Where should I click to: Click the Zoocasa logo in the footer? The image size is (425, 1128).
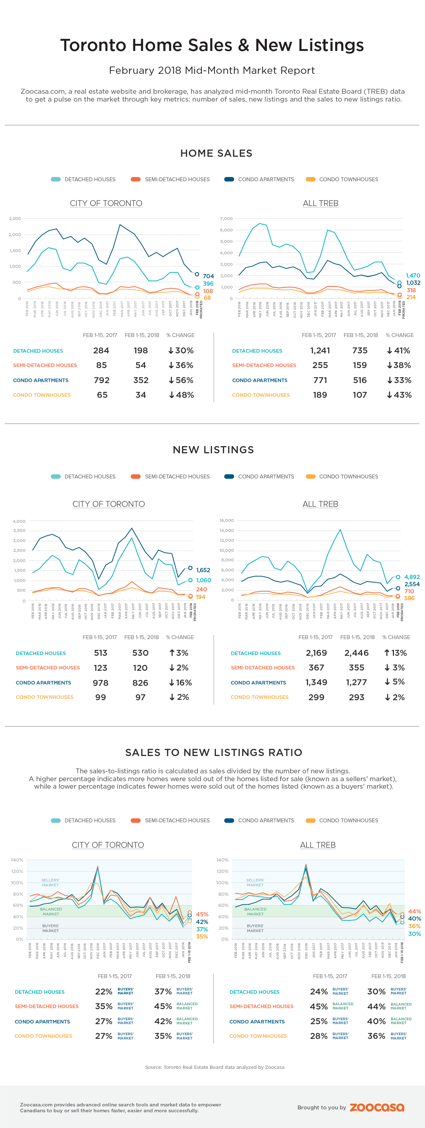point(377,1107)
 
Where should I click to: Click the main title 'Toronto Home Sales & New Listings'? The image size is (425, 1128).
point(212,45)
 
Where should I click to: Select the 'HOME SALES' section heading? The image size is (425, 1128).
point(216,153)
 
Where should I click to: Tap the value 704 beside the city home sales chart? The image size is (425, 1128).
point(208,276)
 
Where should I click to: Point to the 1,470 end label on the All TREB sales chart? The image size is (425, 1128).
point(413,275)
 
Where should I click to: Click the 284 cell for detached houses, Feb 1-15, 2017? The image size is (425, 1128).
point(101,351)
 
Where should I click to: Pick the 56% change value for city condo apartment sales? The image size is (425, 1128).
point(181,380)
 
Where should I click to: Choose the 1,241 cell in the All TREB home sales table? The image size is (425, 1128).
point(320,351)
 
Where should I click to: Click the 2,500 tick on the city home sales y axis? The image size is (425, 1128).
point(15,218)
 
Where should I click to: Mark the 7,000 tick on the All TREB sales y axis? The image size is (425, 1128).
point(226,218)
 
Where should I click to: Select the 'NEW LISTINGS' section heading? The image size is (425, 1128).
point(213,450)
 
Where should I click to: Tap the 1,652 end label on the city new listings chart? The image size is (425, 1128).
point(203,570)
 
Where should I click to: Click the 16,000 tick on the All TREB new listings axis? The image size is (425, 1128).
point(226,521)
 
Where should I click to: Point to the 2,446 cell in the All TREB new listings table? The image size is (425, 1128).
point(356,653)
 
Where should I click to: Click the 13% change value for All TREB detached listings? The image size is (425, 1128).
point(396,653)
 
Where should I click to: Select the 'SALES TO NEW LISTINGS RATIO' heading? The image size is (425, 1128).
point(213,752)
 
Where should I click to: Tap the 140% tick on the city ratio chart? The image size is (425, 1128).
point(17,860)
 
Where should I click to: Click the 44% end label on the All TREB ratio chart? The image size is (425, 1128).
point(415,911)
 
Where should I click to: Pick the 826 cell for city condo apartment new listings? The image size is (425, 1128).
point(140,683)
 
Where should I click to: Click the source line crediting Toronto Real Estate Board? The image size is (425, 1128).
point(214,1067)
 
